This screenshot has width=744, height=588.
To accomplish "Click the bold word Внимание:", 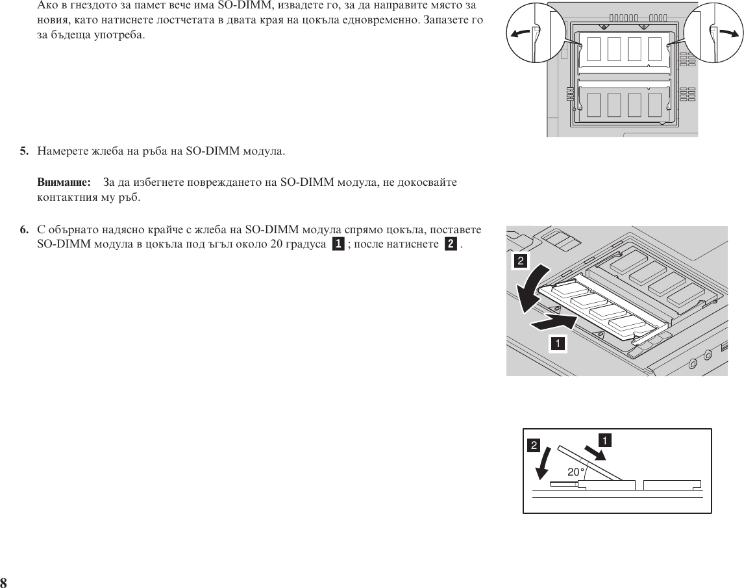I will click(x=62, y=182).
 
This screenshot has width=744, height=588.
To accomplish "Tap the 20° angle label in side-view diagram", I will click(x=576, y=472).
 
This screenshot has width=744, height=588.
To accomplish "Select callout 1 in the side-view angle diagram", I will click(x=604, y=441).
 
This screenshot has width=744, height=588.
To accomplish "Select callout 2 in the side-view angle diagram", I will click(x=534, y=446).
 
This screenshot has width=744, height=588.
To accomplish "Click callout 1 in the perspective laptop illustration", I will click(x=556, y=342).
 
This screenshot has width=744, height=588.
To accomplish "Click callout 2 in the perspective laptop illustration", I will click(x=521, y=261).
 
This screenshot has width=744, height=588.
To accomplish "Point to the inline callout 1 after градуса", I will click(x=338, y=244).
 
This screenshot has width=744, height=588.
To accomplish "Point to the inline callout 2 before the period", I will click(x=450, y=244).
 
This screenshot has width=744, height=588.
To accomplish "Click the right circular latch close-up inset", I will click(x=715, y=32).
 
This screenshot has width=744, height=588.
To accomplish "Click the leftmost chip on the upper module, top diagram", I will click(x=594, y=49).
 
